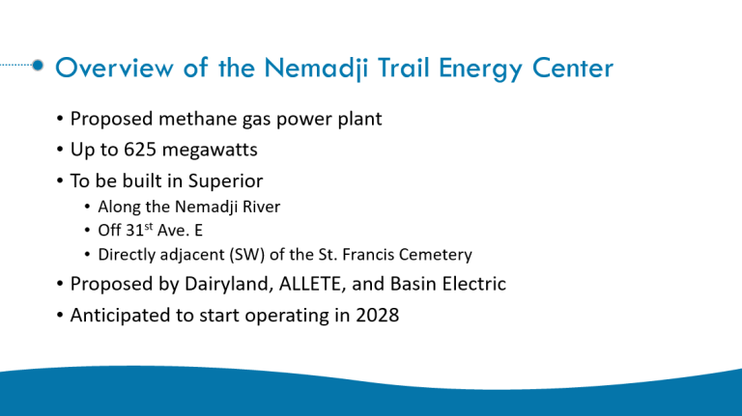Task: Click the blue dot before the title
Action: tap(38, 66)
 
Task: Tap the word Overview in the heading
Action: tap(115, 68)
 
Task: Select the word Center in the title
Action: tap(573, 68)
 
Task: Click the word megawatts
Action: tap(210, 151)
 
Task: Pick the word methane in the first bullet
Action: tap(198, 119)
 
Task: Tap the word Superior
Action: tap(225, 181)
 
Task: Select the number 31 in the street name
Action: tap(135, 231)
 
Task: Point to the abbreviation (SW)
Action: tap(247, 255)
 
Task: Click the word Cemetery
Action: tap(436, 255)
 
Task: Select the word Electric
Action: tap(474, 284)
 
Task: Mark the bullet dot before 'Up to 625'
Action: tap(60, 150)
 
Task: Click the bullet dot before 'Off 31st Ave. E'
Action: tap(87, 231)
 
